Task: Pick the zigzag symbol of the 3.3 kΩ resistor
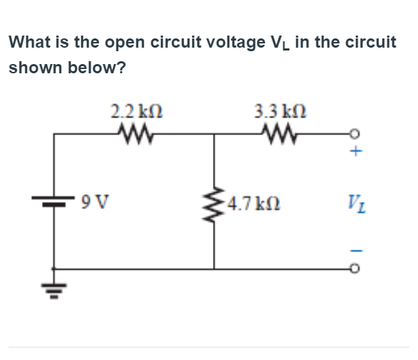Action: [x=278, y=132]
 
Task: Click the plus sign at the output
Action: [x=357, y=152]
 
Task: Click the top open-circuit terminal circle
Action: [x=357, y=132]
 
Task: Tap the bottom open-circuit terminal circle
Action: [x=357, y=270]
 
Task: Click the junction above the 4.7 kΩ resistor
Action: [x=214, y=132]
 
